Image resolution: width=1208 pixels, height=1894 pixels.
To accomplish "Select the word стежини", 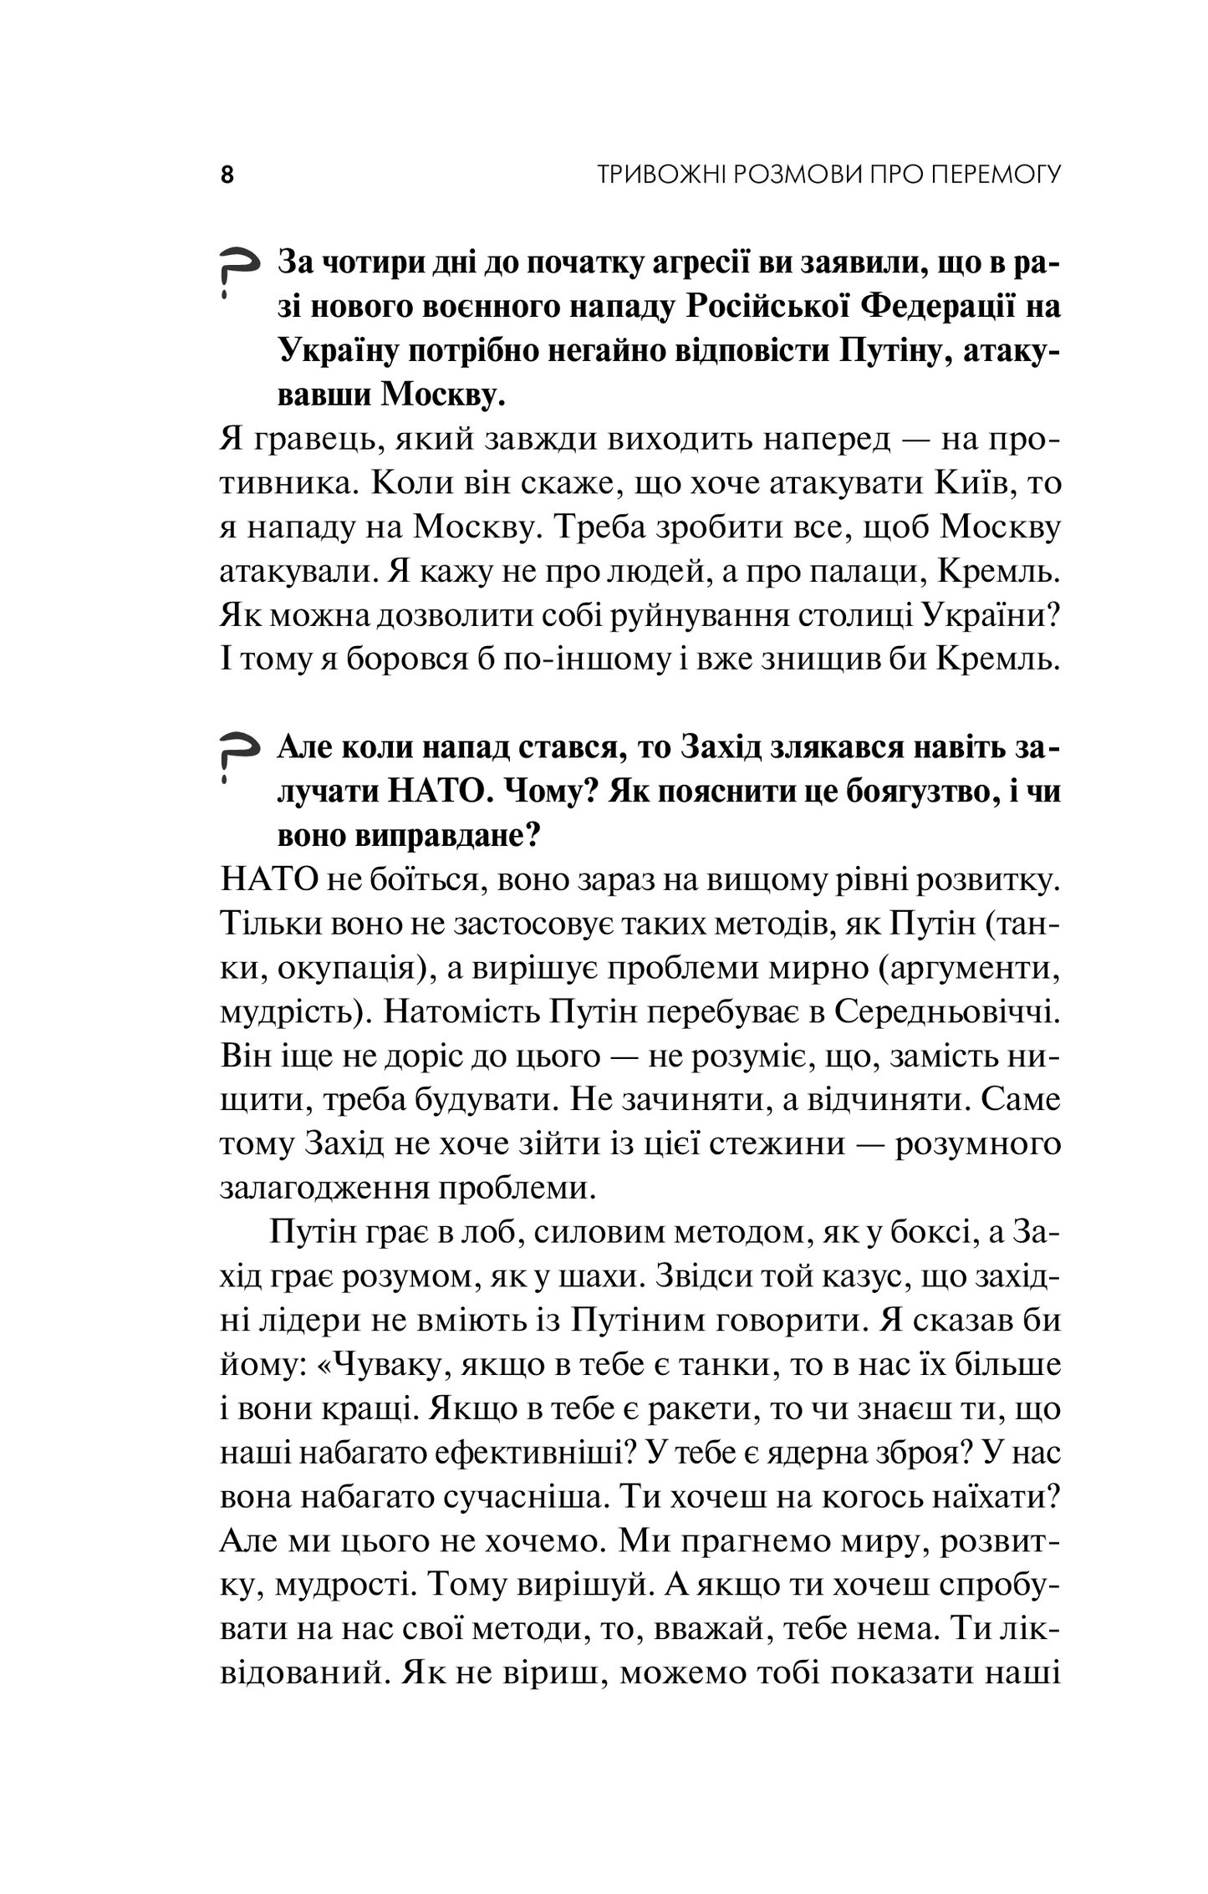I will coord(777,1143).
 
